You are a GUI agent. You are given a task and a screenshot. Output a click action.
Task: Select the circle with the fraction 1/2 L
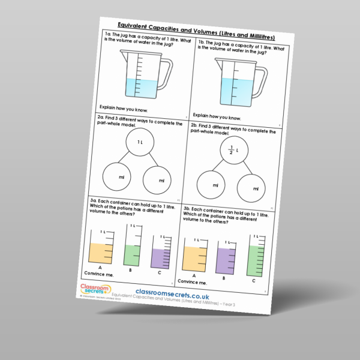(x=226, y=150)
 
